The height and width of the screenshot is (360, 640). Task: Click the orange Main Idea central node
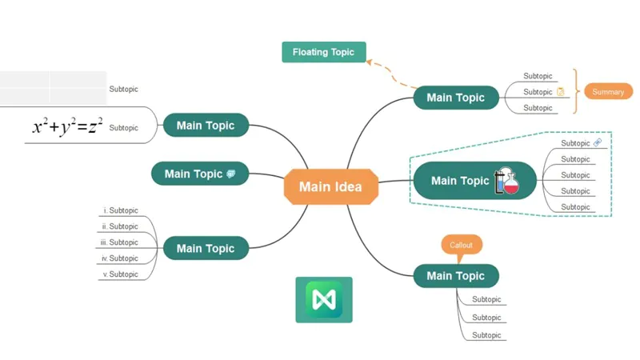click(x=330, y=187)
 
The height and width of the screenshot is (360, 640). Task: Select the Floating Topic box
click(x=323, y=52)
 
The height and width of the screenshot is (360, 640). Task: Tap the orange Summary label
click(x=607, y=91)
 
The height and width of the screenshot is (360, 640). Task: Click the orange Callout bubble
click(x=462, y=245)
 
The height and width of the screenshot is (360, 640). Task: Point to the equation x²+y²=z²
click(x=67, y=126)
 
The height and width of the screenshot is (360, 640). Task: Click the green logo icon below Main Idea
click(x=323, y=299)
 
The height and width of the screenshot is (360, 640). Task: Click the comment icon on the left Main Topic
click(x=231, y=174)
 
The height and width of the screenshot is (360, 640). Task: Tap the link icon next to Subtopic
click(x=597, y=142)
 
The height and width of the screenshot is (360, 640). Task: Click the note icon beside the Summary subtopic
click(x=561, y=92)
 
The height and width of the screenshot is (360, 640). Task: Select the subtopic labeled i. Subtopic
click(x=121, y=210)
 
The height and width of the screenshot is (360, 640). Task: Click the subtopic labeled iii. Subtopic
click(x=119, y=242)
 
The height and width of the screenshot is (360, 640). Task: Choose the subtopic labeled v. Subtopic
click(x=120, y=274)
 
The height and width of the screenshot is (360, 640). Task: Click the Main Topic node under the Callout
click(x=455, y=276)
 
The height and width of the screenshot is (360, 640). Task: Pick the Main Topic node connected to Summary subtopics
click(x=455, y=98)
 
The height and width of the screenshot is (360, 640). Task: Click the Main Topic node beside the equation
click(x=206, y=125)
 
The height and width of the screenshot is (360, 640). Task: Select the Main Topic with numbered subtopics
click(x=206, y=248)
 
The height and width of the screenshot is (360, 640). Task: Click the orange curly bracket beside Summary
click(x=576, y=91)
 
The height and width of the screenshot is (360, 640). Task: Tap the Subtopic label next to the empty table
click(x=123, y=90)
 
